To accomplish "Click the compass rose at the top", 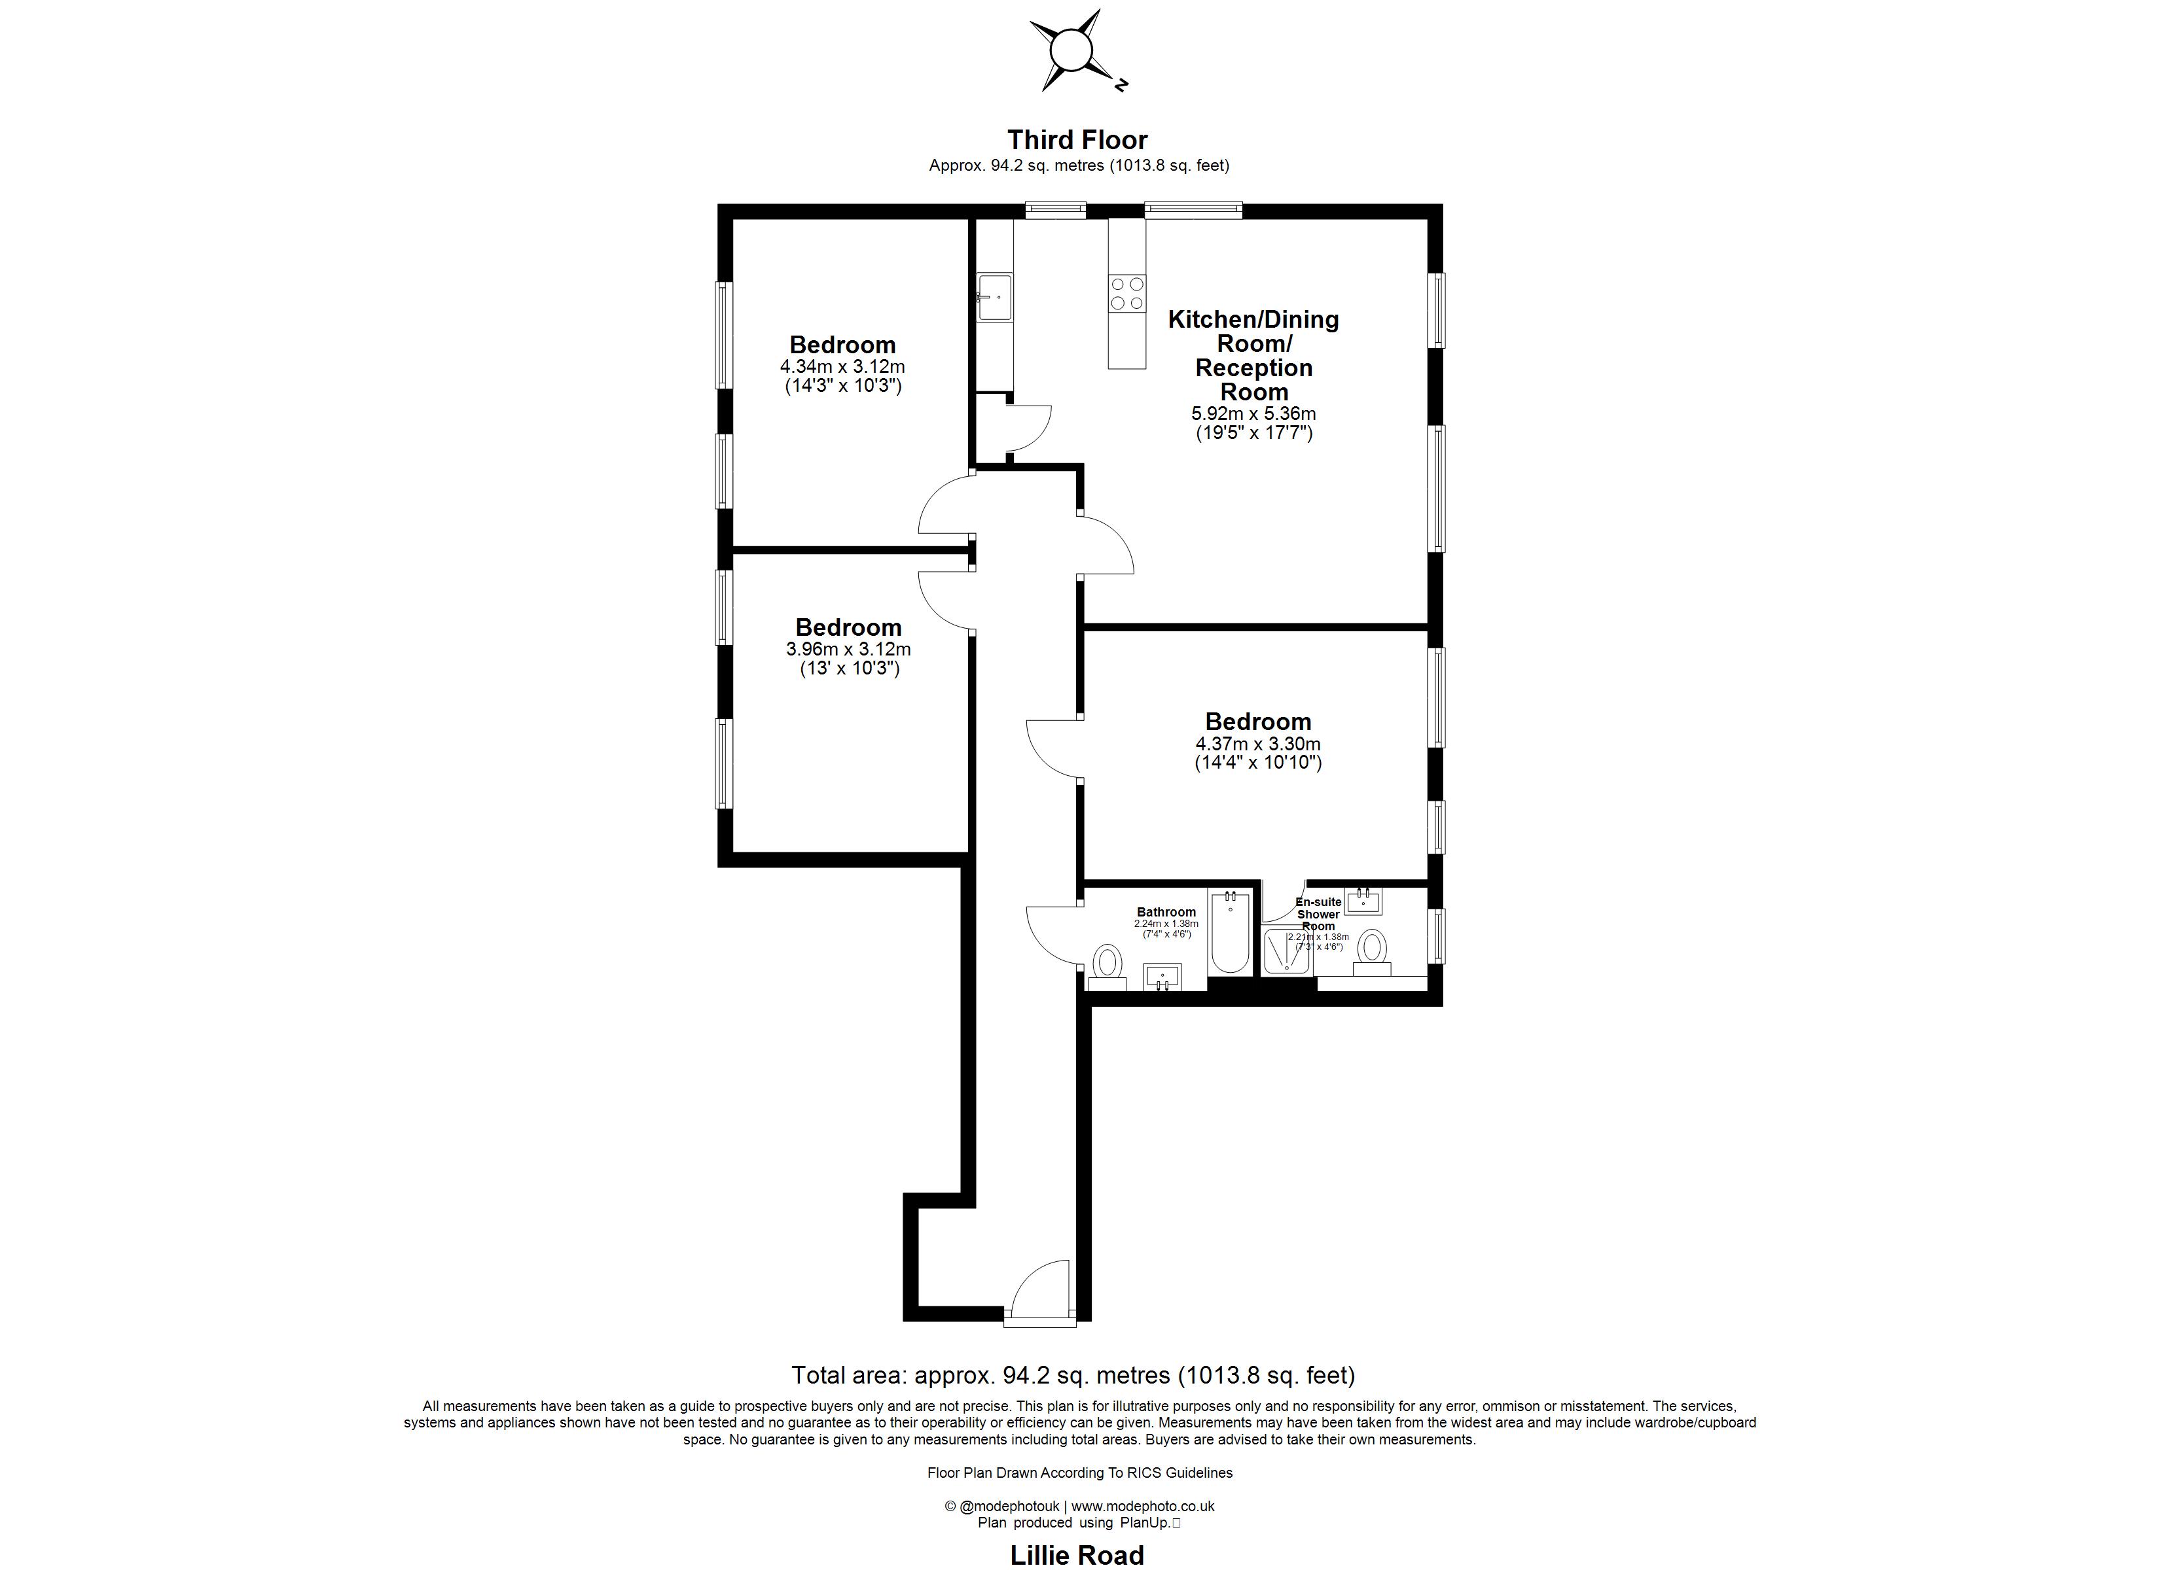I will (1072, 50).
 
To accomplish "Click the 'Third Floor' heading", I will (1078, 140).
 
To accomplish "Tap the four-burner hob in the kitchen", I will (1126, 292).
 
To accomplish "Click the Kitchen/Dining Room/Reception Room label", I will (1253, 355).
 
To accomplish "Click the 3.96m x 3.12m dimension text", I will (848, 650).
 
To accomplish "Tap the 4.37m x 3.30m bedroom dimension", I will (1257, 744).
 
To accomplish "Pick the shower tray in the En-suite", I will (1287, 951).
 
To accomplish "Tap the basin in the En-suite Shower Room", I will (1364, 899).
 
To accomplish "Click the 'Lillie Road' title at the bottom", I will (1077, 1556).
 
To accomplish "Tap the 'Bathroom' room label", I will (1166, 912).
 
